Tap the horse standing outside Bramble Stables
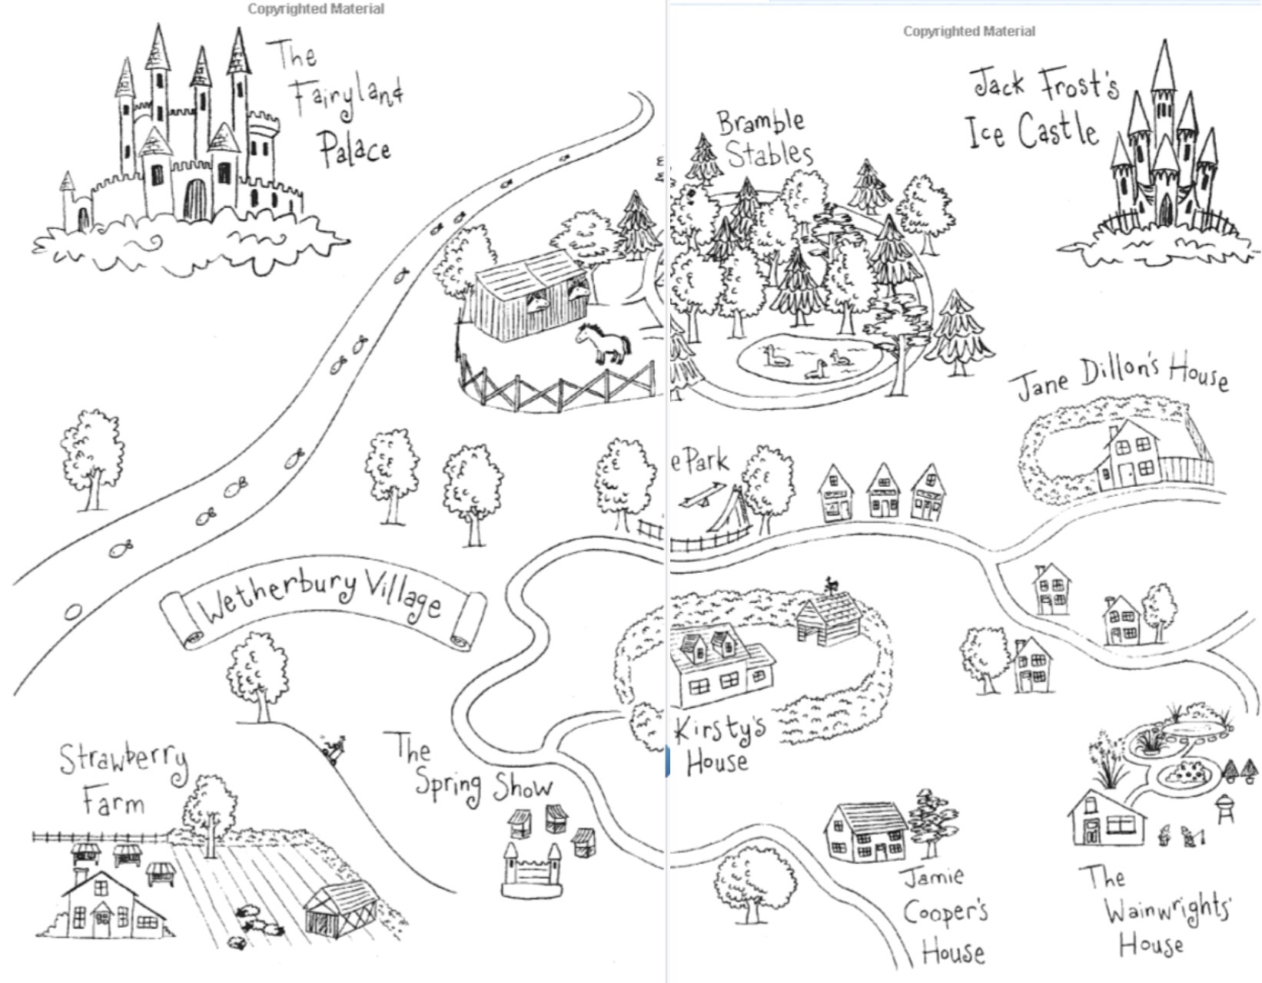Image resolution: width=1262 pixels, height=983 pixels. click(x=604, y=343)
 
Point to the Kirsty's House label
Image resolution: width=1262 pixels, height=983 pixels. click(x=719, y=745)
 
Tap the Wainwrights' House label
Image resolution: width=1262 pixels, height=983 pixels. click(x=1153, y=910)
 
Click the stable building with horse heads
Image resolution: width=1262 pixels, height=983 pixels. click(x=530, y=296)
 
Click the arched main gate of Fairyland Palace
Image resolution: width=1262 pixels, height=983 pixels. click(x=195, y=200)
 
